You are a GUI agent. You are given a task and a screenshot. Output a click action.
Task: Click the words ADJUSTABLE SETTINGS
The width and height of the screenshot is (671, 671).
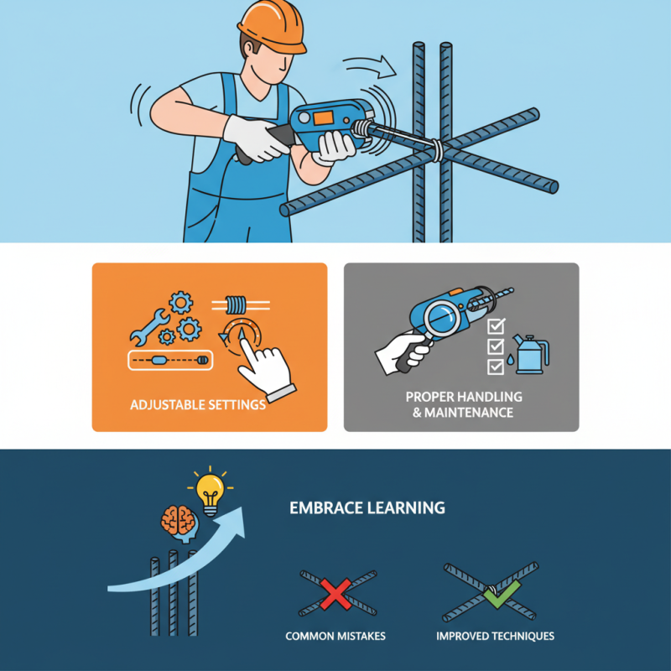[198, 405]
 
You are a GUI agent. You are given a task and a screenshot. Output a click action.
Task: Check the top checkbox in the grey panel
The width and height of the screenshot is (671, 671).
[496, 325]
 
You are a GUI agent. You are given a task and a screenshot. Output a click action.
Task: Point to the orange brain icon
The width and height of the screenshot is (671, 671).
[178, 521]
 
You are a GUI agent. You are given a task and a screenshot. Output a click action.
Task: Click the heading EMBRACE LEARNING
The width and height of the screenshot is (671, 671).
[367, 508]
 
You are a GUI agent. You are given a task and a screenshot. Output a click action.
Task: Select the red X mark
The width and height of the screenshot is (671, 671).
[335, 596]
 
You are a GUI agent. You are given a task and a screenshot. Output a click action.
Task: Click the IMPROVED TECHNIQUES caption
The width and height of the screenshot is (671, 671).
[495, 636]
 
